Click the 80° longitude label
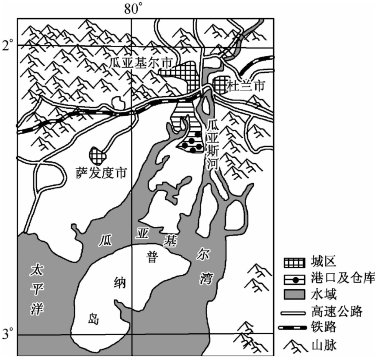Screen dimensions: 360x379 [x=131, y=9]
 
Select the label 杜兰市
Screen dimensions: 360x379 [x=246, y=86]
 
